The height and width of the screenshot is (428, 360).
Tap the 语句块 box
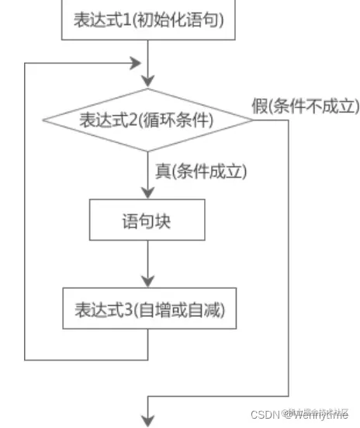pos(147,221)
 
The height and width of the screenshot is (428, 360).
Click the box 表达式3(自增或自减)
pos(147,310)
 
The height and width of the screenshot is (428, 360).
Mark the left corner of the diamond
pos(43,121)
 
